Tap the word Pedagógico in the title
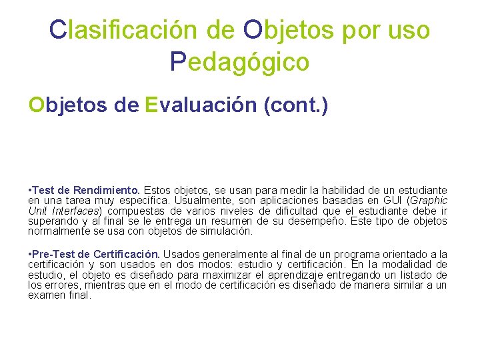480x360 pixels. tap(239, 62)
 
